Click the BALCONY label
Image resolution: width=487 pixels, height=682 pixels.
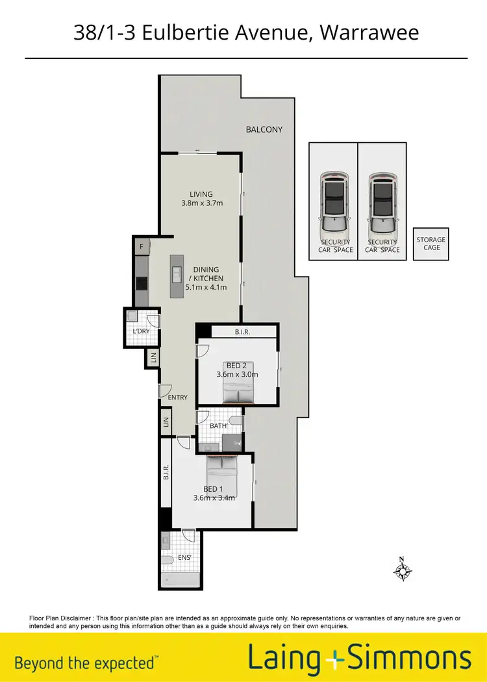pyautogui.click(x=264, y=129)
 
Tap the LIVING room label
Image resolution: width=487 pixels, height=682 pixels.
pyautogui.click(x=201, y=194)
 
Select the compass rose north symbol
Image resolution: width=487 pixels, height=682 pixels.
pyautogui.click(x=403, y=570)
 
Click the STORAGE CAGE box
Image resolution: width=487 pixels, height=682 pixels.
pyautogui.click(x=431, y=244)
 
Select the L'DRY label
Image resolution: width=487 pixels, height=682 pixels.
pyautogui.click(x=142, y=331)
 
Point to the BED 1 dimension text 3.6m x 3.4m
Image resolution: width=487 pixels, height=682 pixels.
pyautogui.click(x=214, y=498)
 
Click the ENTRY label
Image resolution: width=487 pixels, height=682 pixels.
pyautogui.click(x=177, y=398)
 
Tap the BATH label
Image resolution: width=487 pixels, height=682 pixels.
pyautogui.click(x=219, y=425)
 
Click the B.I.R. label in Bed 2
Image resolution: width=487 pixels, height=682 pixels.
pyautogui.click(x=243, y=332)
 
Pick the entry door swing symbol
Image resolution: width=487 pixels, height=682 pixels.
pyautogui.click(x=166, y=391)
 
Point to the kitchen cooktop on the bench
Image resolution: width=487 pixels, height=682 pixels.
pyautogui.click(x=141, y=283)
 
